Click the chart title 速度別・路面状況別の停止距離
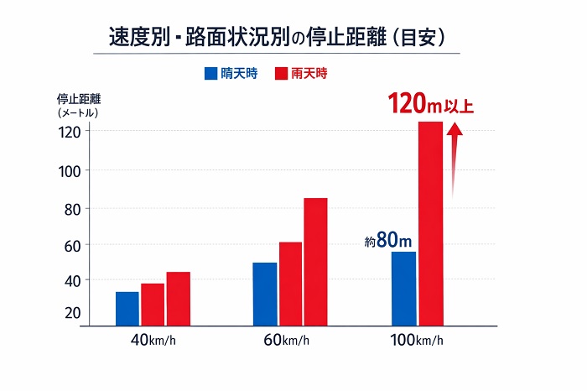coord(277,38)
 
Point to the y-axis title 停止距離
coord(75,96)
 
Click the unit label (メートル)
coord(78,112)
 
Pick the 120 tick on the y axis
coord(70,132)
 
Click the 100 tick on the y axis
coord(70,170)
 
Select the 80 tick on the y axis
coord(71,208)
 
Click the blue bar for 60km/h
coord(264,293)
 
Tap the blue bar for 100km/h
coord(403,287)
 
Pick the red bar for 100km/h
coord(430,222)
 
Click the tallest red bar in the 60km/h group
coord(315,260)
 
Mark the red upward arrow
coord(455,159)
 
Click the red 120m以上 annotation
coord(430,106)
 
